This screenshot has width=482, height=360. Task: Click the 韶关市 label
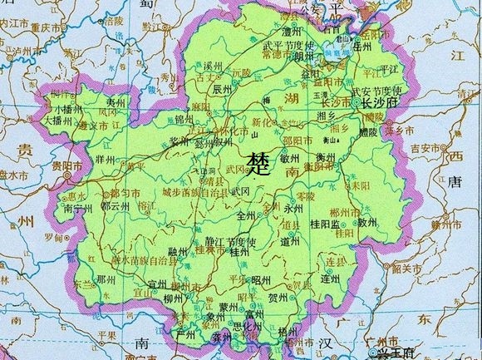click(407, 268)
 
